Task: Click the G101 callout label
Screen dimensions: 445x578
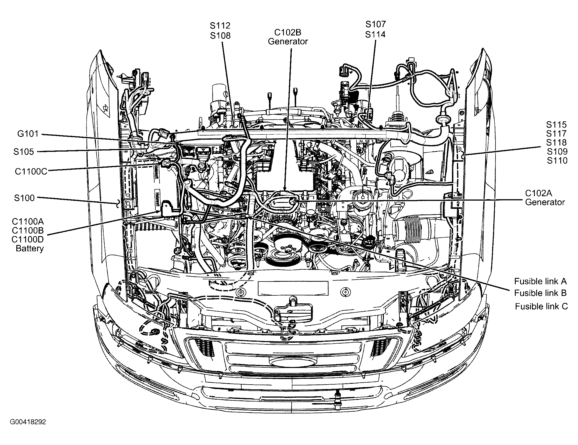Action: (28, 134)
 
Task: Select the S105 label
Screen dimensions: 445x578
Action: (24, 152)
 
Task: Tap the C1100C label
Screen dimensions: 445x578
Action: (31, 171)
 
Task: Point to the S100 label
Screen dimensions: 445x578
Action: (24, 198)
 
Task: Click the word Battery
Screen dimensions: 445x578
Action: (30, 248)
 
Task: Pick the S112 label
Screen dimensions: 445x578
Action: (220, 25)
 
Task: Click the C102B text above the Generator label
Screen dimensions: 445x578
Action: (288, 32)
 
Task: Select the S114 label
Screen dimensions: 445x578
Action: (375, 34)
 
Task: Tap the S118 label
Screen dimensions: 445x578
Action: (556, 142)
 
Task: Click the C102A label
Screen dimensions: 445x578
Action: (538, 193)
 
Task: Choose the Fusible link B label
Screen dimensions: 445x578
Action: (540, 293)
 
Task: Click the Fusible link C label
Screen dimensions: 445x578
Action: (541, 306)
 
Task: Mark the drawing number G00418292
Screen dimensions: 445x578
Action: (28, 422)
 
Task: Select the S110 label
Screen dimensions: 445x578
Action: (557, 160)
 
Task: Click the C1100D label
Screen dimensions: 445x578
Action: (28, 239)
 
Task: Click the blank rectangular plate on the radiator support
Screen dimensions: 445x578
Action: (293, 288)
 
